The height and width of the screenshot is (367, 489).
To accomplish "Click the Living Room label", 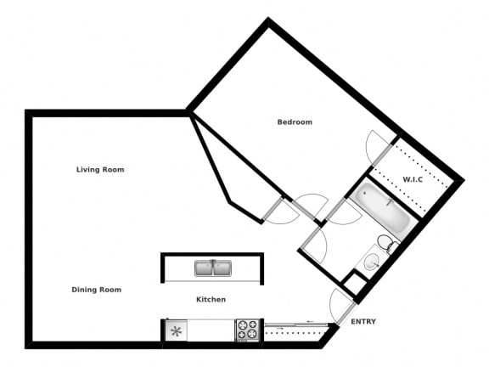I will [100, 170].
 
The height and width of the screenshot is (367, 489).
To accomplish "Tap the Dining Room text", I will [96, 290].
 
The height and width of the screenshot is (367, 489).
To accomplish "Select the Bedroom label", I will [295, 122].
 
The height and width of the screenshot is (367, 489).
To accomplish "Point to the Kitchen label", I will [211, 300].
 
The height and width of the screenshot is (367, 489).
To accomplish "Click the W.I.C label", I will [413, 179].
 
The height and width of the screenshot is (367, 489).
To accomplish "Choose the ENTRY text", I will [363, 322].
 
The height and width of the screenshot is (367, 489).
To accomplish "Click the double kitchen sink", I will [212, 268].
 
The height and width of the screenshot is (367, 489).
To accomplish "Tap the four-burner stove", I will [246, 330].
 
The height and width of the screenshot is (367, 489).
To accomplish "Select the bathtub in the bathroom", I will [383, 209].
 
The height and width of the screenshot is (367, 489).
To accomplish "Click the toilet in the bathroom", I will [387, 246].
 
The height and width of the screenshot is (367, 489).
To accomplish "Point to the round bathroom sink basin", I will [372, 264].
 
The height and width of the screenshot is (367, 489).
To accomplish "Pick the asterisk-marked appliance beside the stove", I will [176, 330].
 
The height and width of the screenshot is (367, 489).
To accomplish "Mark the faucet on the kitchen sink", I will [212, 262].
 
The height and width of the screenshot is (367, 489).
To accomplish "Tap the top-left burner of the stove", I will [241, 325].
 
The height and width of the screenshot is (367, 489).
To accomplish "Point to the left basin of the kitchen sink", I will [204, 269].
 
